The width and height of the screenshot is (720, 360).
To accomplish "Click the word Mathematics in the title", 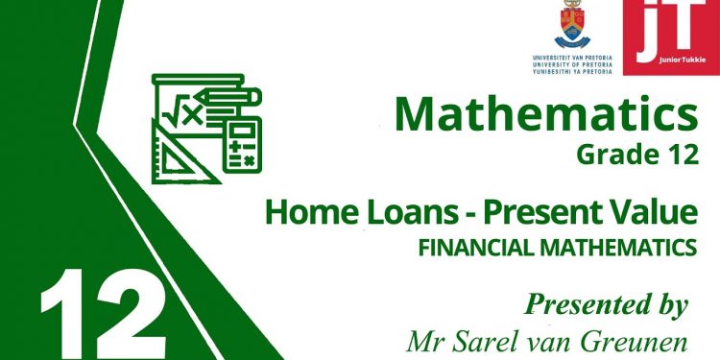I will [x=546, y=115].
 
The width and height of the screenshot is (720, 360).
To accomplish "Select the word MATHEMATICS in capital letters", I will [x=617, y=248].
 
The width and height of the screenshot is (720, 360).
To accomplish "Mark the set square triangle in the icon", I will [x=177, y=154].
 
